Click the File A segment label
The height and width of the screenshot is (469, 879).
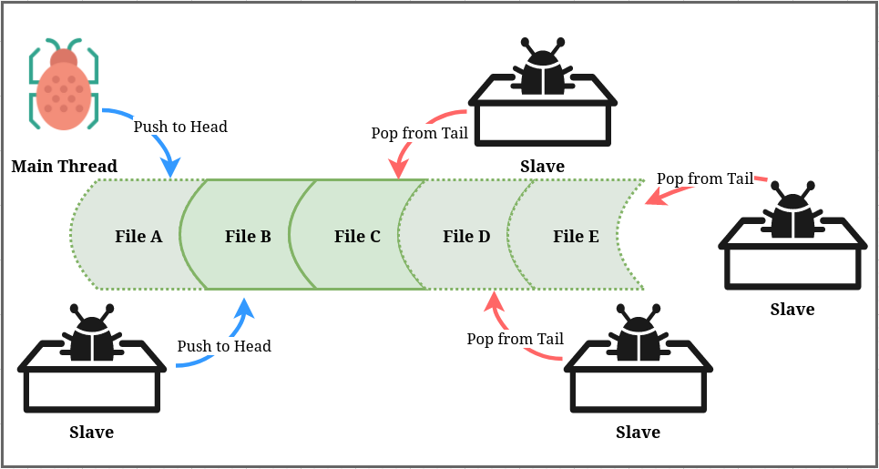[138, 237]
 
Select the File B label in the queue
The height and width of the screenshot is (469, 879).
[248, 237]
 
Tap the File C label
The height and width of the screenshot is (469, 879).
[357, 237]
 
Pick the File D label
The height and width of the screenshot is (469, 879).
[466, 237]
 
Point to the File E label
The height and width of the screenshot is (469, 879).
[576, 237]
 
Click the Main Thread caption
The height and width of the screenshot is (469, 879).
[65, 166]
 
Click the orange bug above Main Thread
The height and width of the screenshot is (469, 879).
[64, 87]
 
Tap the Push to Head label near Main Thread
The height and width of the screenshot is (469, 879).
[180, 127]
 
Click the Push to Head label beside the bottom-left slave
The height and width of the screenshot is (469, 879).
[224, 346]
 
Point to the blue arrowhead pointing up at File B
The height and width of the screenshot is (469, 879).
[243, 307]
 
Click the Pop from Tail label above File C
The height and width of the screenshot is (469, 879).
[419, 133]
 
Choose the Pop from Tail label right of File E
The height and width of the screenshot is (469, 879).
[705, 178]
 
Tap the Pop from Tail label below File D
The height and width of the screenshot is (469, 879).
[515, 339]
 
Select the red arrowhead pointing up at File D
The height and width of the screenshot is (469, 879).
[493, 301]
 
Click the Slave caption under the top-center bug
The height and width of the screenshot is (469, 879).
[542, 167]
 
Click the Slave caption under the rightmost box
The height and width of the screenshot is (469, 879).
[792, 310]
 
